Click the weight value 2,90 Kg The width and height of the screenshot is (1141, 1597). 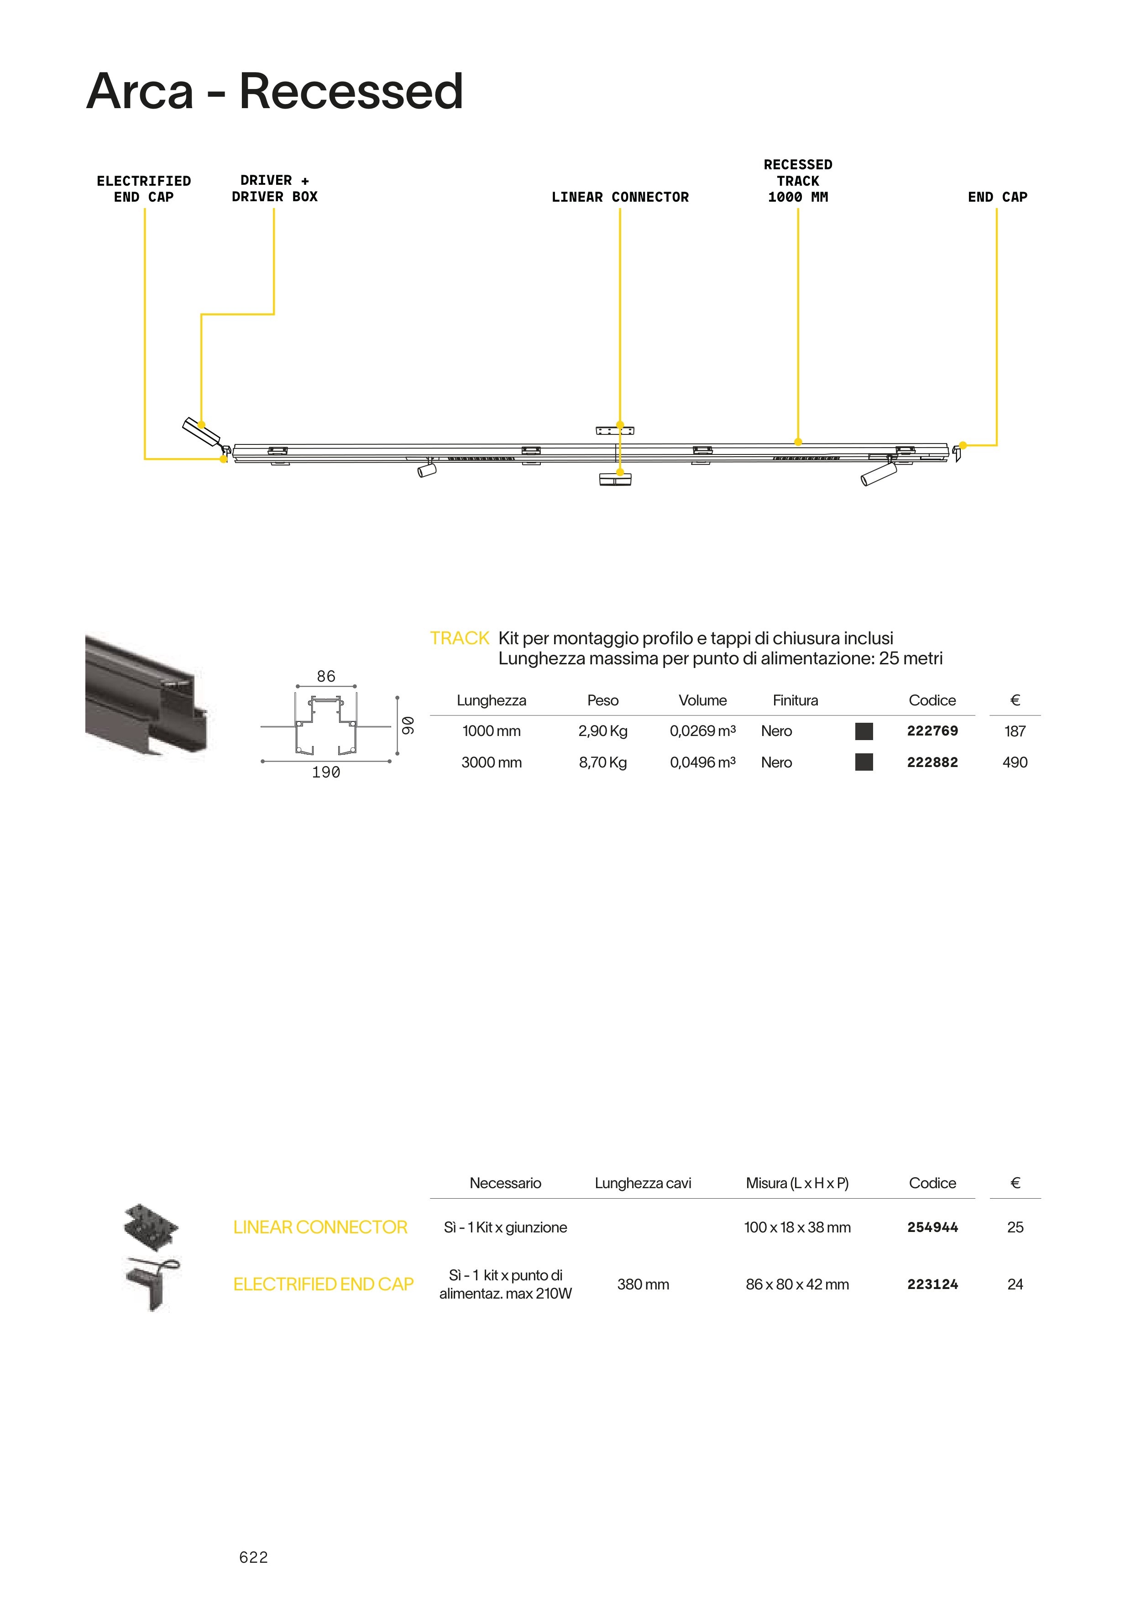point(602,731)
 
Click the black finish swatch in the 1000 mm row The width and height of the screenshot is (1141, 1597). point(864,731)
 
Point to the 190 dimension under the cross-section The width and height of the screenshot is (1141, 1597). point(326,772)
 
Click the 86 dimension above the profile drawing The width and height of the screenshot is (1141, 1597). point(326,676)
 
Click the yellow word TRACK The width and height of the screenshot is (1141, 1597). point(459,638)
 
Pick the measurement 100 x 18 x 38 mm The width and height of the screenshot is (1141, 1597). point(797,1227)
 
